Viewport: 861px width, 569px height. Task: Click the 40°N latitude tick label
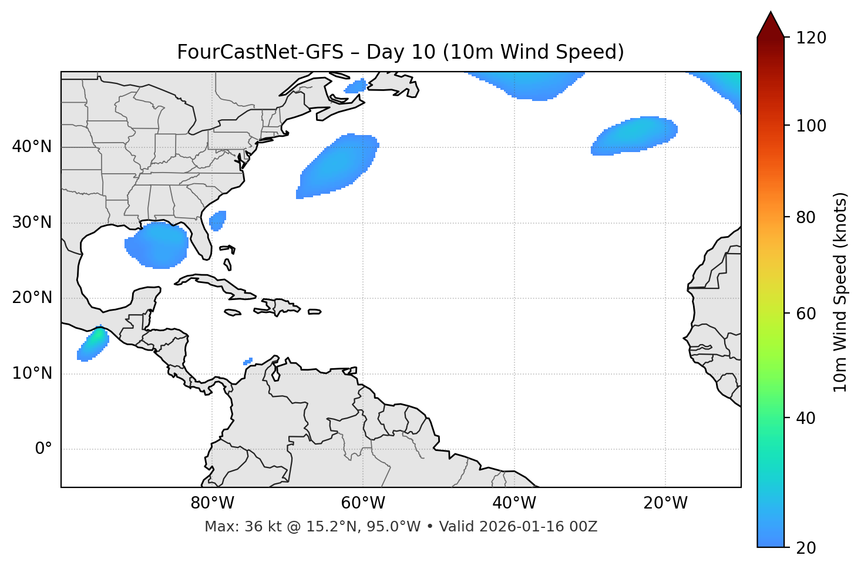coord(32,147)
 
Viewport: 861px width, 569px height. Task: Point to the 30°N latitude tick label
coord(32,223)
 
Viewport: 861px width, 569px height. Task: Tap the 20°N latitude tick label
coord(32,298)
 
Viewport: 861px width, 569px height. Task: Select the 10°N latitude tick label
coord(32,373)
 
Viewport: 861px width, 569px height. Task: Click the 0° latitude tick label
coord(43,449)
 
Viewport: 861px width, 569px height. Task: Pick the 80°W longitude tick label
coord(212,503)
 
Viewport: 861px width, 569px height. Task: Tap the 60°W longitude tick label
coord(363,503)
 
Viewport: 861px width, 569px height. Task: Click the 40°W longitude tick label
coord(514,503)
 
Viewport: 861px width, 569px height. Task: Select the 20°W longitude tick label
coord(665,503)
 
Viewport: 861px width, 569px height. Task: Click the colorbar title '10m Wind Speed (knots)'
coord(840,292)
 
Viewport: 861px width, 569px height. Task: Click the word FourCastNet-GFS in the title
coord(260,52)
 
